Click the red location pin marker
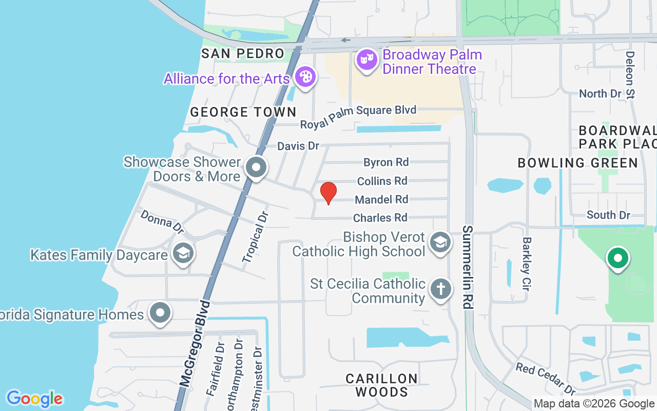tap(328, 193)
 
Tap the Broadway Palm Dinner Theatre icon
tap(366, 60)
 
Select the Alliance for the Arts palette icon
tap(305, 78)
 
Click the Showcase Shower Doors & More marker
tap(256, 167)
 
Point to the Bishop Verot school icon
tap(440, 242)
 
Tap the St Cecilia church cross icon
tap(440, 289)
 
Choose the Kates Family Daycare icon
tap(182, 253)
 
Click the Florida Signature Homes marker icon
tap(160, 312)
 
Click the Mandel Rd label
tap(381, 199)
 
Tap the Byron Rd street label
tap(386, 162)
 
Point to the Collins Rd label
tap(382, 181)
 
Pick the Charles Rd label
tap(380, 218)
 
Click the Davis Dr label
tap(298, 146)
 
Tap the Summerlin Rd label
tap(467, 267)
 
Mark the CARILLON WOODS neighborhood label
tap(381, 385)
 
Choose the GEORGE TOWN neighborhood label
tap(243, 111)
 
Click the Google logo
tap(34, 398)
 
